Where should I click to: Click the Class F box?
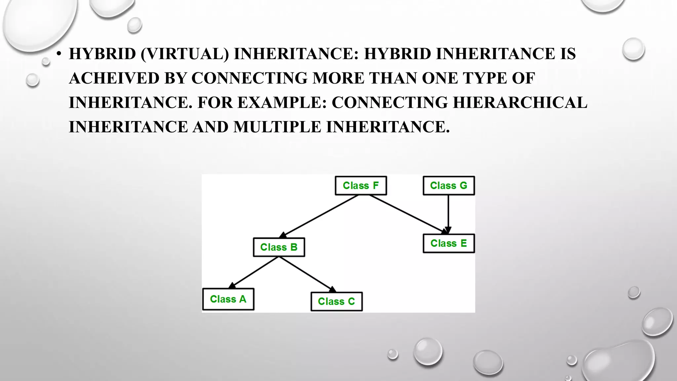pos(361,186)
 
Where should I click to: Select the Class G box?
pos(449,186)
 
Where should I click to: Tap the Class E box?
pos(449,243)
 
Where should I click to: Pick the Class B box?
pos(279,247)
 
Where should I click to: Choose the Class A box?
pos(228,299)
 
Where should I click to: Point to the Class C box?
pos(337,301)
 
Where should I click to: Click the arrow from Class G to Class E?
pos(448,213)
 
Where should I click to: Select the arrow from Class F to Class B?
pos(319,216)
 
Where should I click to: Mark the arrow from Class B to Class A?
pos(254,272)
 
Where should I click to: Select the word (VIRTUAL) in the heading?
pos(184,54)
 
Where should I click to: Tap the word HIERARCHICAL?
pos(520,103)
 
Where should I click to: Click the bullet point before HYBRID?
pos(59,54)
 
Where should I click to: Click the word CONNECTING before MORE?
pos(249,78)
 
